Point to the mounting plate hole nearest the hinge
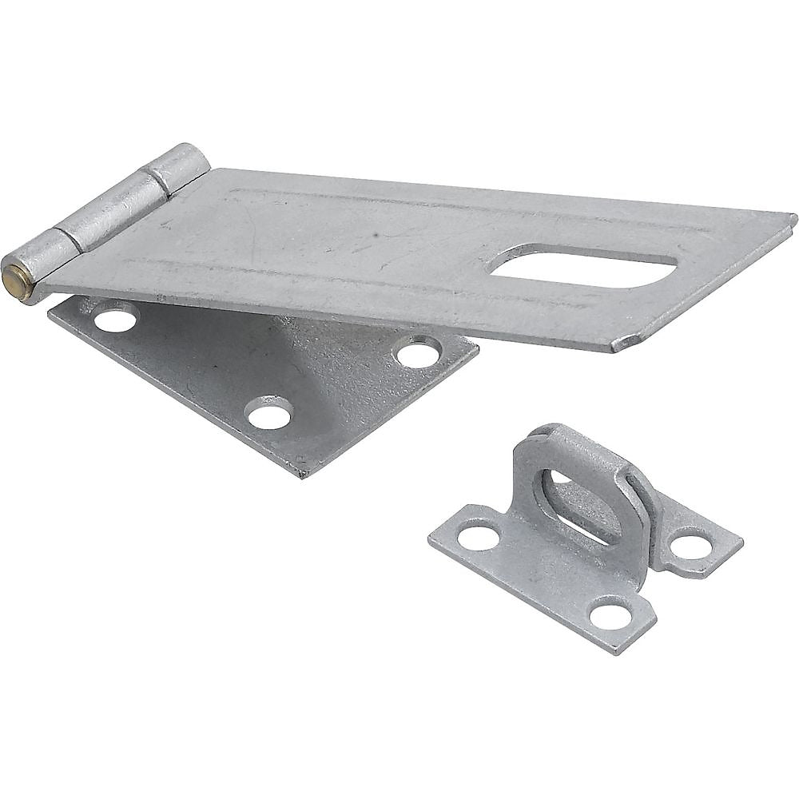(x=116, y=320)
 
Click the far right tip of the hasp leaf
(x=793, y=217)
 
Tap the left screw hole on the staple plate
(x=479, y=537)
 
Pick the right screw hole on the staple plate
(x=691, y=547)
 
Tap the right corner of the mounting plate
(x=477, y=348)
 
